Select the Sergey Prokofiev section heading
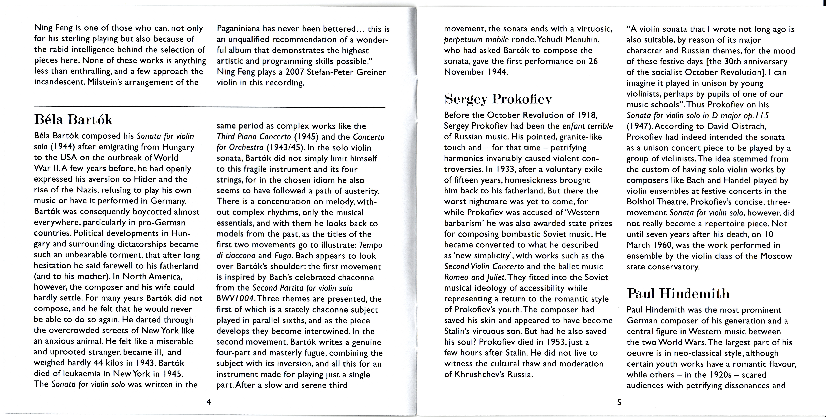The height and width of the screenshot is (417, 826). coord(498,99)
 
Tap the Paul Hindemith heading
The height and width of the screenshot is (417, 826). coord(678,294)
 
